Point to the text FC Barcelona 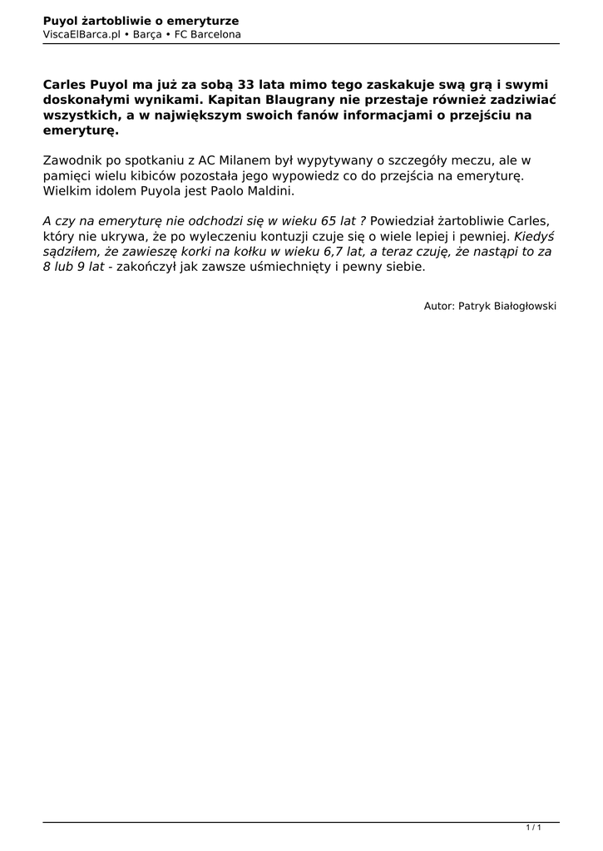pyautogui.click(x=208, y=34)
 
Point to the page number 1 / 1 pyautogui.click(x=534, y=828)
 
